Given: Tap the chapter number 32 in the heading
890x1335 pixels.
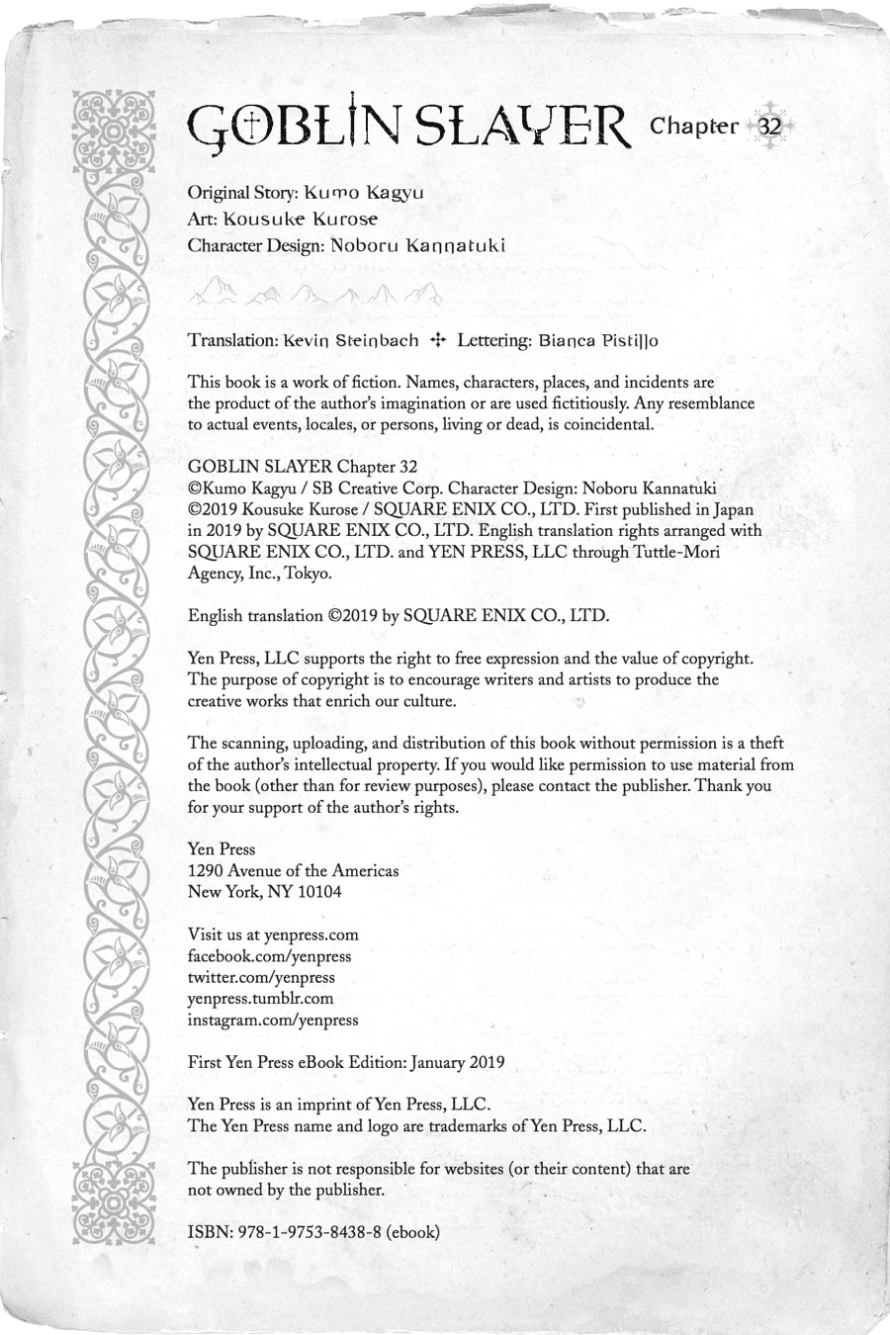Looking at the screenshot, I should [x=769, y=127].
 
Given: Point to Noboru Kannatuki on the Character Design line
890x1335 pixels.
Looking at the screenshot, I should [x=416, y=246].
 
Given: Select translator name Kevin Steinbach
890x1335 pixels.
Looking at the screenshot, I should [x=351, y=340].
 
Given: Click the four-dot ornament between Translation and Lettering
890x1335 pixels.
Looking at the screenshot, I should [x=437, y=340].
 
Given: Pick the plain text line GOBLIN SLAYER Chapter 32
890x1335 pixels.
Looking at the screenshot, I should [x=303, y=467].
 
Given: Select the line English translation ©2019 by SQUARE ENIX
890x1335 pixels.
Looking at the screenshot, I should [x=399, y=615].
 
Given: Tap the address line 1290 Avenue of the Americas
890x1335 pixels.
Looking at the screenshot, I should [x=294, y=870].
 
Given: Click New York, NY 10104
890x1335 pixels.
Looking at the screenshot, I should [x=265, y=892].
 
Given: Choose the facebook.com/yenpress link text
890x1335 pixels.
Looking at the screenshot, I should [x=269, y=956].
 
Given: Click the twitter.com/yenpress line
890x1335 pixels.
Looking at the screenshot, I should [x=261, y=977].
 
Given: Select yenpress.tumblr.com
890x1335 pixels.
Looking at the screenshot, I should [x=261, y=999].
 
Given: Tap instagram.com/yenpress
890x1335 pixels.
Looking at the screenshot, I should [x=273, y=1020].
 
